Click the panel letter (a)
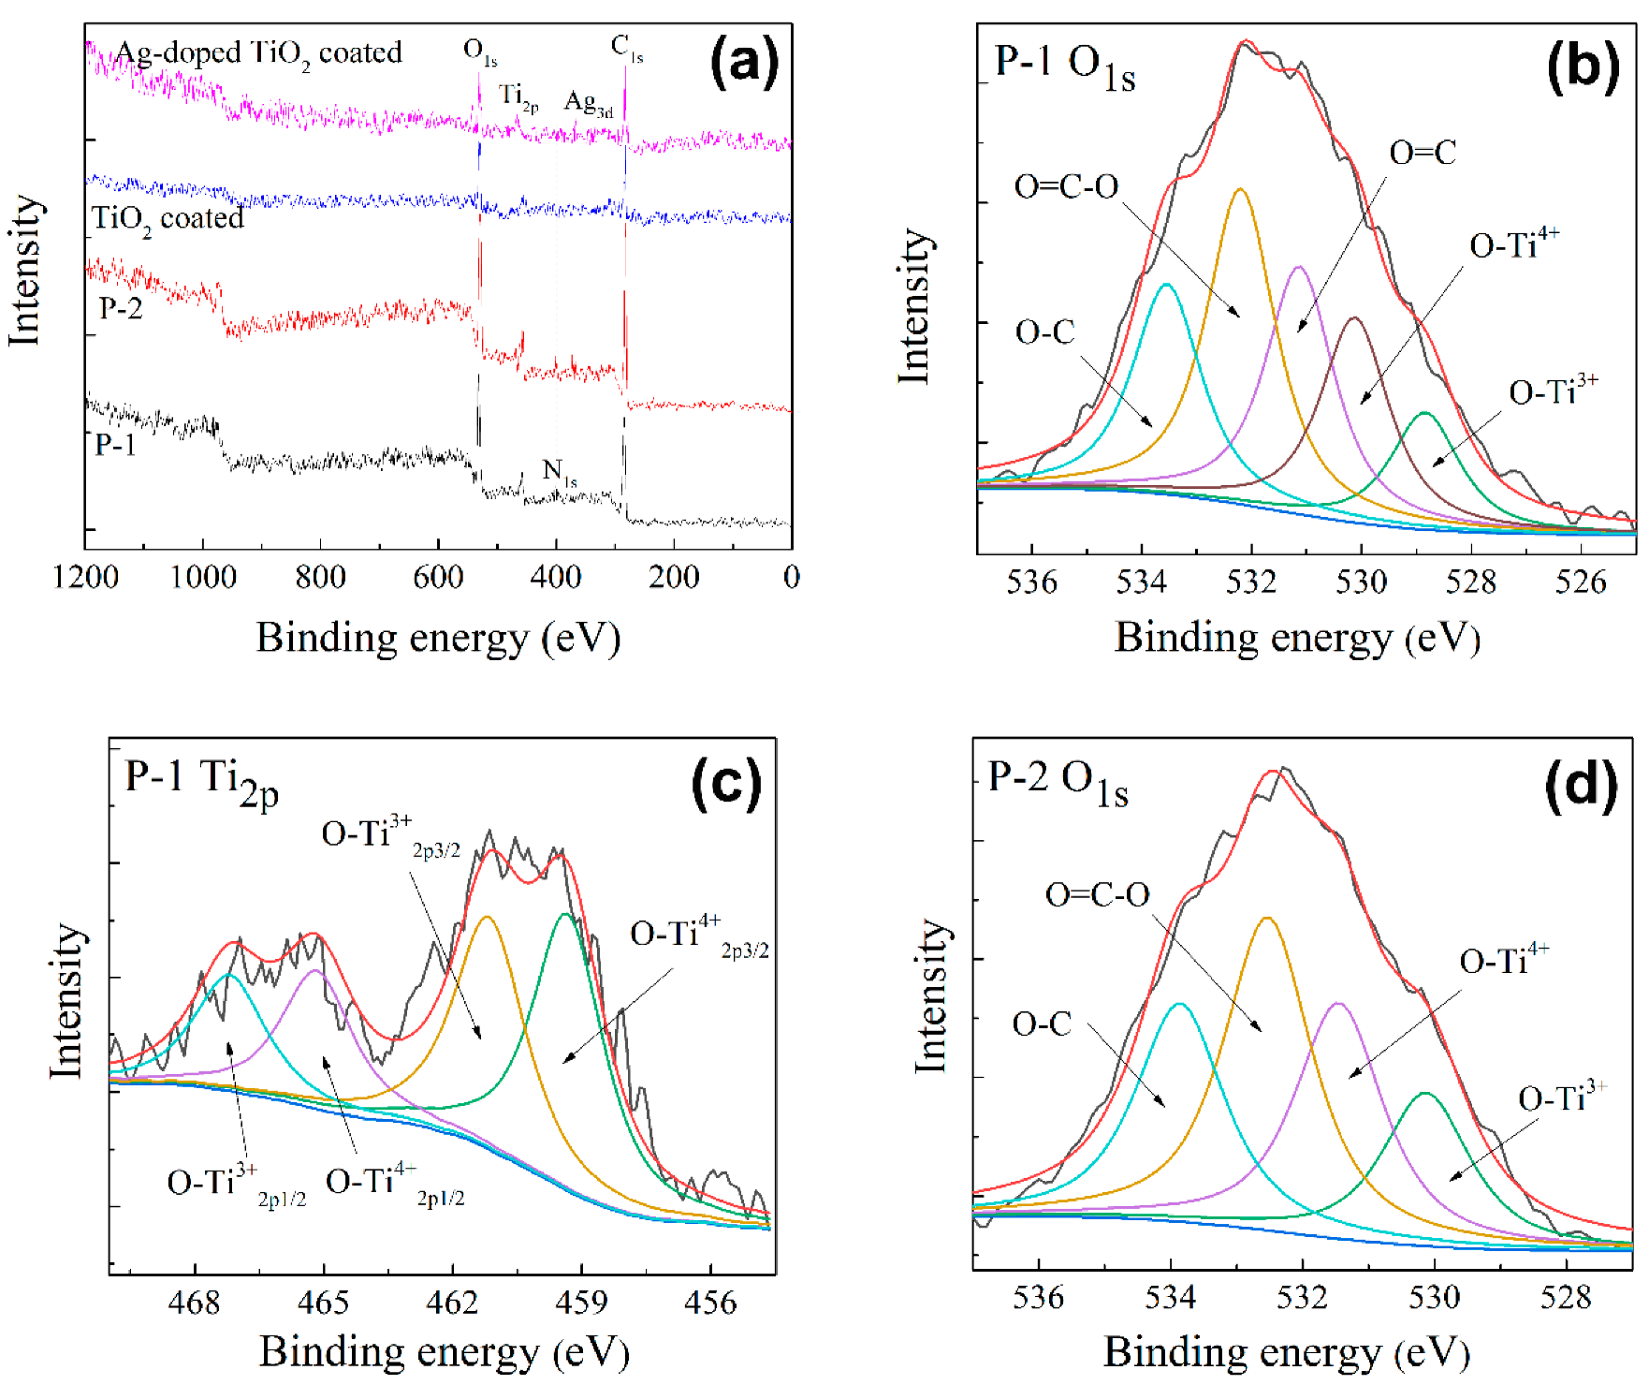point(744,63)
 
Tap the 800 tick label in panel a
point(320,577)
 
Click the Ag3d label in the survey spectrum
point(588,104)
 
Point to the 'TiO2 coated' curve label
point(168,219)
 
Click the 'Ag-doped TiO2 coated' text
point(258,53)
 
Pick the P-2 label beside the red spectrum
point(121,308)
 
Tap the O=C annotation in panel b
point(1423,153)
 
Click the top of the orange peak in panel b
point(1240,190)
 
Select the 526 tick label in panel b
point(1581,582)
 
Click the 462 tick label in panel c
point(452,1303)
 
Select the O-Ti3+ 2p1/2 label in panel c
point(236,1185)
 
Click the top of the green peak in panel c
point(565,915)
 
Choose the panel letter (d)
point(1581,784)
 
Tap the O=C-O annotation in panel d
point(1097,895)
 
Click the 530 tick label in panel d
point(1434,1298)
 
